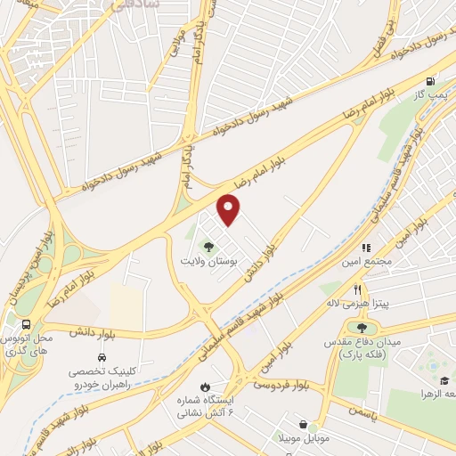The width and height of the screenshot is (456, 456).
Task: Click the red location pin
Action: point(230,210)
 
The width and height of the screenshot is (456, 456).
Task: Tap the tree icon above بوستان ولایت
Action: point(209,248)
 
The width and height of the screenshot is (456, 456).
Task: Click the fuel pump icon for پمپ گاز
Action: point(432,79)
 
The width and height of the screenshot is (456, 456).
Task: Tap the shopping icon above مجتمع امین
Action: point(365,248)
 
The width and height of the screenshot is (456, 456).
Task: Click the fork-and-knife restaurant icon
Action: point(357,289)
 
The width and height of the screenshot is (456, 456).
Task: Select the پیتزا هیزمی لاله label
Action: point(356,304)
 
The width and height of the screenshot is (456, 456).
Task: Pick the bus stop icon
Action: point(28,325)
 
